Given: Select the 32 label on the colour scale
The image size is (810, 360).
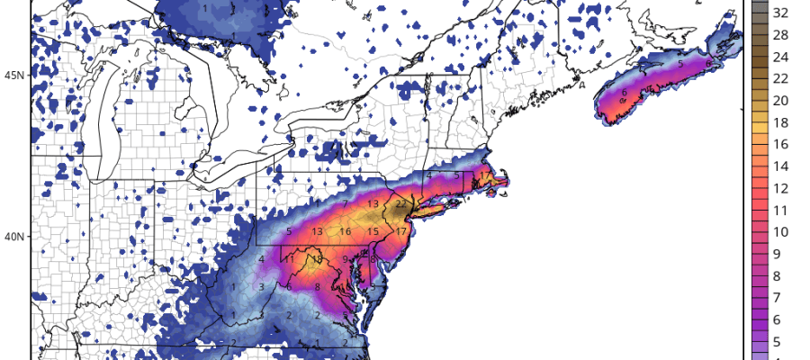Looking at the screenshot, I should [781, 13].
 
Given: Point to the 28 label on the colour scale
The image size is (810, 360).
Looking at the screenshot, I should [781, 35].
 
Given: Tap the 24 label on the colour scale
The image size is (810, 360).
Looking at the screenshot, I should [781, 57].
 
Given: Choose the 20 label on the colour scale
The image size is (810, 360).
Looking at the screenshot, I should [781, 100].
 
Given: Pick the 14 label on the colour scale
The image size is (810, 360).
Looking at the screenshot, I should [781, 166].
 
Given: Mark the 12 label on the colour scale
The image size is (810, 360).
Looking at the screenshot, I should [781, 187].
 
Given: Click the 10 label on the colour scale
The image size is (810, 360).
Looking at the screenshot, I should [781, 231].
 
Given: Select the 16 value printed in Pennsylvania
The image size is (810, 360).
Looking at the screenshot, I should [345, 232].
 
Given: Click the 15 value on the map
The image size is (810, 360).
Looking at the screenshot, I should [373, 232].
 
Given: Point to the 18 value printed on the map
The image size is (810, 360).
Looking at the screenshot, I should [317, 259].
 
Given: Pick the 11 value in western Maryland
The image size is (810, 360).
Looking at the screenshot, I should [290, 259].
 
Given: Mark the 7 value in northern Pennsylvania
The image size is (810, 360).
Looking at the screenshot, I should [345, 204].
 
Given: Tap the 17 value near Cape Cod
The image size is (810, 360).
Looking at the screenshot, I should [485, 175].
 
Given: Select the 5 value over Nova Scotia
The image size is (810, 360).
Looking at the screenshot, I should [680, 65].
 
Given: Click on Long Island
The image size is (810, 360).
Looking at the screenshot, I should [441, 209].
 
